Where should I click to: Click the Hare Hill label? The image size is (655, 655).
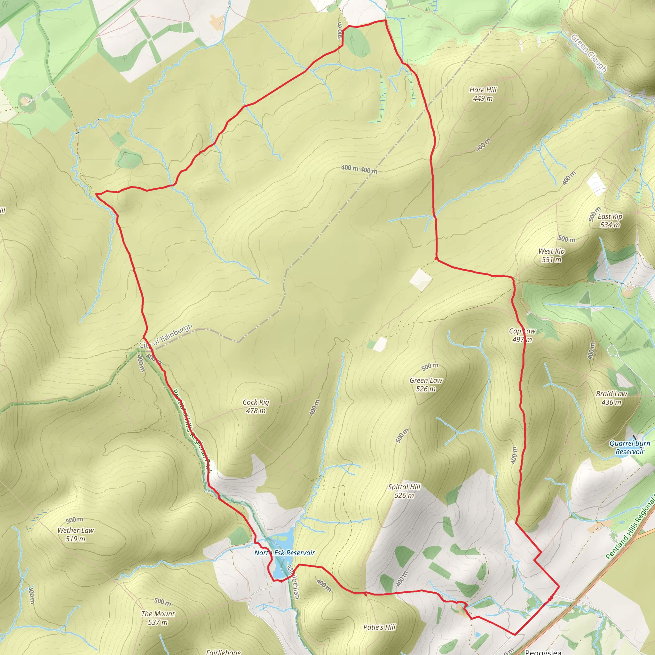(x=483, y=90)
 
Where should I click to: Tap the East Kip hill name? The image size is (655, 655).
(x=610, y=216)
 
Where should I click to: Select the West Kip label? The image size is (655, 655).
(x=552, y=251)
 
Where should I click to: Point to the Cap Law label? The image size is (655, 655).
(x=522, y=331)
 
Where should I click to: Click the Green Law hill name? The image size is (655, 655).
(x=426, y=380)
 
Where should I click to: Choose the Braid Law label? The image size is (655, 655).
(x=612, y=394)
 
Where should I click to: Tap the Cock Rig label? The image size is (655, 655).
(x=256, y=402)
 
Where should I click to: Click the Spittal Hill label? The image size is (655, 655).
(x=404, y=487)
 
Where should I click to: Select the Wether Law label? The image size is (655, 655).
(x=75, y=531)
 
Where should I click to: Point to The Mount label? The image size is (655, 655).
(x=158, y=614)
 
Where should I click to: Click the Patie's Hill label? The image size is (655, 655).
(x=379, y=627)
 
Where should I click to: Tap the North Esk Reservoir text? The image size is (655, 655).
(x=285, y=553)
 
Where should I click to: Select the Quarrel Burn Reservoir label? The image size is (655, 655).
(x=629, y=447)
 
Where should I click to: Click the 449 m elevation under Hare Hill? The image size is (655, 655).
(x=483, y=99)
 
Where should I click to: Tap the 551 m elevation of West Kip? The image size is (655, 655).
(x=552, y=260)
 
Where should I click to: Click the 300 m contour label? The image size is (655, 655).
(x=340, y=30)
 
